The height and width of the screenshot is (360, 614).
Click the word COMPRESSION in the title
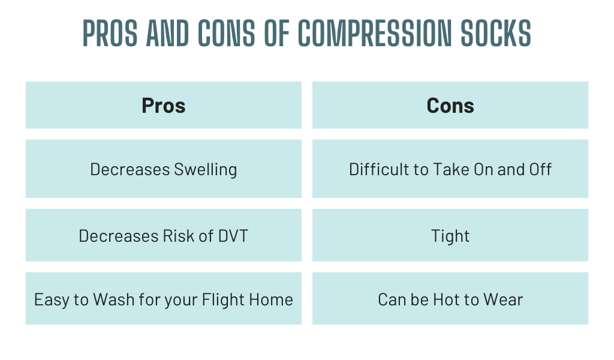(375, 33)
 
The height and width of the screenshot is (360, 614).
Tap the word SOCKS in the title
(496, 33)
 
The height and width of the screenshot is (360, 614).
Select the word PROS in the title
(110, 33)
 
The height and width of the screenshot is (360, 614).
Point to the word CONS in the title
(226, 33)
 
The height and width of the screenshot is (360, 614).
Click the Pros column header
(164, 105)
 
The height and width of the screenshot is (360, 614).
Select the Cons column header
(450, 105)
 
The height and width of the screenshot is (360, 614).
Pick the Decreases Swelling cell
(164, 169)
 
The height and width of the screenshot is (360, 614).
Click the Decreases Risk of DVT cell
(164, 235)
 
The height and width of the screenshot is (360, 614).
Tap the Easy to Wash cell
(164, 298)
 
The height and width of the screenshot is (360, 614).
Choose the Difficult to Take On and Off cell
(450, 169)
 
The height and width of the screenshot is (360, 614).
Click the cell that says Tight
(450, 235)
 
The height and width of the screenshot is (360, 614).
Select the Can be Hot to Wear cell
(450, 298)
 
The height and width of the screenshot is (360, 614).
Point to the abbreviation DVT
(233, 236)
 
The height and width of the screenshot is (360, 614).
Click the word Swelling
(206, 170)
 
